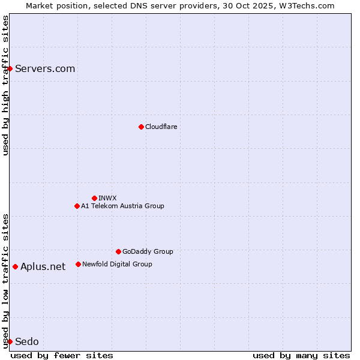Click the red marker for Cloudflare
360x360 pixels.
(x=141, y=127)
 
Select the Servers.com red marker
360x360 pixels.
(x=10, y=68)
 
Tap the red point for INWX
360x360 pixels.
(x=94, y=198)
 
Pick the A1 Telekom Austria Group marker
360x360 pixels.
(x=77, y=206)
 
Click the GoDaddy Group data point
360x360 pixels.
(x=118, y=251)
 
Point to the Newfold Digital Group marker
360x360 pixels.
(x=78, y=264)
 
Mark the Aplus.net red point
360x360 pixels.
(x=15, y=266)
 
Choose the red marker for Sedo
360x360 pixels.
(x=10, y=341)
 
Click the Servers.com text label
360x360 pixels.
(x=45, y=68)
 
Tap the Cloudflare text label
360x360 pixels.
(x=161, y=127)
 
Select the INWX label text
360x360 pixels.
(x=107, y=198)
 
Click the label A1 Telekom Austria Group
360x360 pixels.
(x=122, y=206)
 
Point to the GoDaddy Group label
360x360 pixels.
(x=148, y=251)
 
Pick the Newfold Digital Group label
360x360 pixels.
(x=117, y=264)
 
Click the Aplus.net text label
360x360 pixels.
(x=43, y=266)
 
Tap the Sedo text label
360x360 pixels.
(x=27, y=341)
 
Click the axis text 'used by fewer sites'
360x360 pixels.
(x=62, y=355)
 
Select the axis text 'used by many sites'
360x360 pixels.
(x=301, y=355)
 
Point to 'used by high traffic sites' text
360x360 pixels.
(x=5, y=85)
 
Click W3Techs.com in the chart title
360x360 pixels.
(x=309, y=5)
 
